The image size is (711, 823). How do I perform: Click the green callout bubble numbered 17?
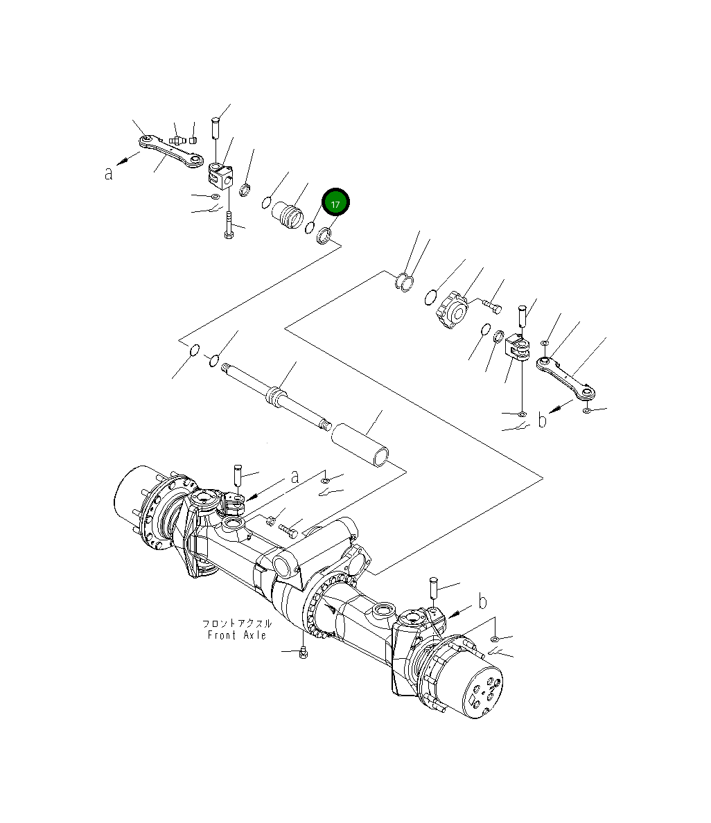point(335,204)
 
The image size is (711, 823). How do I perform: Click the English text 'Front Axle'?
point(236,635)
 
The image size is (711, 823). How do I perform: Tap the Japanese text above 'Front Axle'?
point(236,623)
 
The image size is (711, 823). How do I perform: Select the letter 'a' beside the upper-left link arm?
point(109,173)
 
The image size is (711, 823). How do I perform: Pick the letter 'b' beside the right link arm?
point(543,420)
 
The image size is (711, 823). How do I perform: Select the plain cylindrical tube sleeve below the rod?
point(360,445)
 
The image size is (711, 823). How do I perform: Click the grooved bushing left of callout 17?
point(286,213)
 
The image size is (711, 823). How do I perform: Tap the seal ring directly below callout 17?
point(324,237)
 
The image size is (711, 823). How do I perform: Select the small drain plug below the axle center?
point(304,653)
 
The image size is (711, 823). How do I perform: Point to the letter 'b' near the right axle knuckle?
point(482,601)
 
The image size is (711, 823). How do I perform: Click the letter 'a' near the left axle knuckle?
point(295,477)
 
